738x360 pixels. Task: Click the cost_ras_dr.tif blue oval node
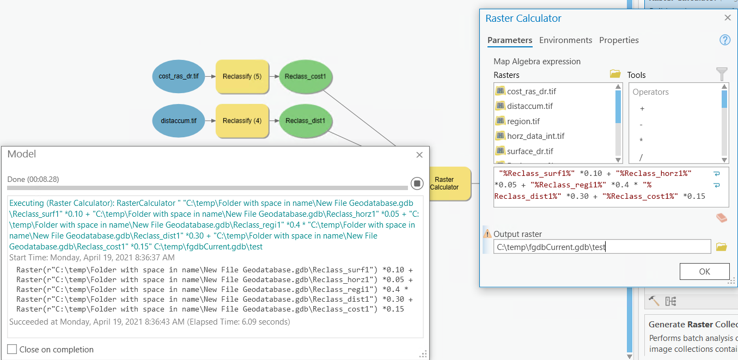point(179,77)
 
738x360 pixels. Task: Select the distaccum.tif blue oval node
point(179,120)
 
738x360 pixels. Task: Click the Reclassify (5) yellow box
point(242,77)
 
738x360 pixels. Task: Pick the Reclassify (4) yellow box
point(242,120)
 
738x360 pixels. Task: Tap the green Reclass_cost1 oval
point(305,77)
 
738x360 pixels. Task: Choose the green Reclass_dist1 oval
point(305,120)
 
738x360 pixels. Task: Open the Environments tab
point(565,40)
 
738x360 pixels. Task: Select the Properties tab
point(619,40)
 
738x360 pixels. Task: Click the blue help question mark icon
point(724,40)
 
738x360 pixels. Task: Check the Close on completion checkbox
point(12,349)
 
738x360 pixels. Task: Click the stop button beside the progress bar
point(417,183)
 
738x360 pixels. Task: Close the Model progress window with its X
point(419,155)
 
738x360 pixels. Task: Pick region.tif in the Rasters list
point(523,121)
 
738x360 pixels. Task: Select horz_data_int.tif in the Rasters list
point(535,136)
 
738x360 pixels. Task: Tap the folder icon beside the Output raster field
point(721,247)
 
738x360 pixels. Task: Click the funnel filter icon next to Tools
point(721,74)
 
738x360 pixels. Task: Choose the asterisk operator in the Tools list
point(641,141)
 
